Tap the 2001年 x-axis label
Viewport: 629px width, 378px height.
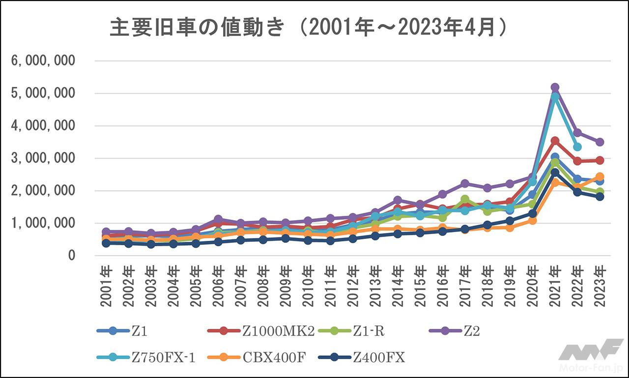(106, 286)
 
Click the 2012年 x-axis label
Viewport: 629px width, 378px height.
(353, 286)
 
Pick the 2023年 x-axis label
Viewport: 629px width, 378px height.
(600, 286)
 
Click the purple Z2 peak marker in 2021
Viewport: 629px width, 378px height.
(555, 87)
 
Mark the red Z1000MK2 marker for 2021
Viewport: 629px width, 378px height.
(555, 141)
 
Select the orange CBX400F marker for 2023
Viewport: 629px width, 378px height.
(600, 177)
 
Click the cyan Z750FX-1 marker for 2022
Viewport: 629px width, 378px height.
(577, 147)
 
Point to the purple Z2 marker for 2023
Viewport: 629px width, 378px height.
(600, 142)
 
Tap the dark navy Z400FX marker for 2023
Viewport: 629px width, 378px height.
(600, 197)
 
